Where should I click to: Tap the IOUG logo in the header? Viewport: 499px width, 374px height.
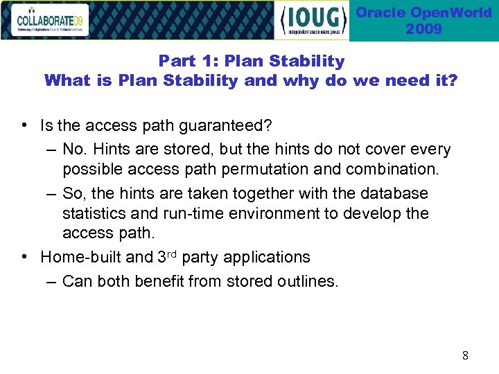[x=312, y=20]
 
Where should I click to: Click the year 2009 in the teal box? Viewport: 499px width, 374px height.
[x=423, y=29]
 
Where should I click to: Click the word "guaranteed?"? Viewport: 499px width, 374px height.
[x=227, y=125]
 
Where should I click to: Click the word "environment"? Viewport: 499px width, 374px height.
[x=268, y=213]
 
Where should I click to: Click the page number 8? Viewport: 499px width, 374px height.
[x=465, y=355]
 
